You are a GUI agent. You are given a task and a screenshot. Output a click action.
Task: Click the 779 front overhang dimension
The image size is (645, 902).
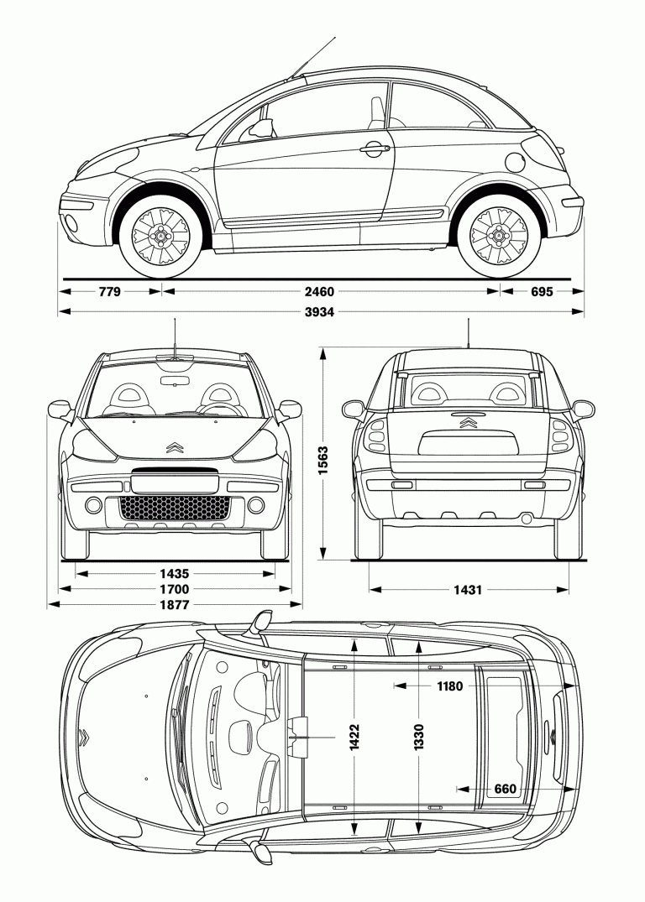pyautogui.click(x=110, y=292)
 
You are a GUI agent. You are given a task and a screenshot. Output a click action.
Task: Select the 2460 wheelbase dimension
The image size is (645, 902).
pyautogui.click(x=320, y=292)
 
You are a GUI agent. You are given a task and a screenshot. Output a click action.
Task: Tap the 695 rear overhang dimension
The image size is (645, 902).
pyautogui.click(x=543, y=292)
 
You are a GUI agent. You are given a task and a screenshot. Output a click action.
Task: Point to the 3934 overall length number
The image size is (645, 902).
pyautogui.click(x=320, y=312)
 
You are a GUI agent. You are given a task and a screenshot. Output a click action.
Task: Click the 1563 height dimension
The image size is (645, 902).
pyautogui.click(x=323, y=460)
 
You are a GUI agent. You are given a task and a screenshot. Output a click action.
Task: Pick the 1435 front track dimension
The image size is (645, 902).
pyautogui.click(x=175, y=574)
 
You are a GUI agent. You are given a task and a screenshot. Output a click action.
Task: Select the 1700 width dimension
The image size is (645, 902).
pyautogui.click(x=175, y=589)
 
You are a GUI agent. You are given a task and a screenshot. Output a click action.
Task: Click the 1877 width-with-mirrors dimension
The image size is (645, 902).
pyautogui.click(x=175, y=604)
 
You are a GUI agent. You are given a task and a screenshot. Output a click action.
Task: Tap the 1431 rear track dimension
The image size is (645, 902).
pyautogui.click(x=469, y=589)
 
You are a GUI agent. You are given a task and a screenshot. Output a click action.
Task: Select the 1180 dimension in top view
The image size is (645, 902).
pyautogui.click(x=449, y=686)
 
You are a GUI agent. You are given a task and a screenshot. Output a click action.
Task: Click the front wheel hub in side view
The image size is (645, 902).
pyautogui.click(x=160, y=237)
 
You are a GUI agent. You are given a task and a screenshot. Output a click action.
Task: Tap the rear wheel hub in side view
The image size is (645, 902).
pyautogui.click(x=499, y=237)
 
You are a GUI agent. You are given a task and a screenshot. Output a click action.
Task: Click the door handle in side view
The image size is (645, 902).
pyautogui.click(x=375, y=149)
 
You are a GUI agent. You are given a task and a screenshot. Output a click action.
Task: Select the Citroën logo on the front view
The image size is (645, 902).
pyautogui.click(x=174, y=447)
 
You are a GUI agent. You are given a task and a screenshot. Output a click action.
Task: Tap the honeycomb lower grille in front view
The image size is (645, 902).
pyautogui.click(x=175, y=507)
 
